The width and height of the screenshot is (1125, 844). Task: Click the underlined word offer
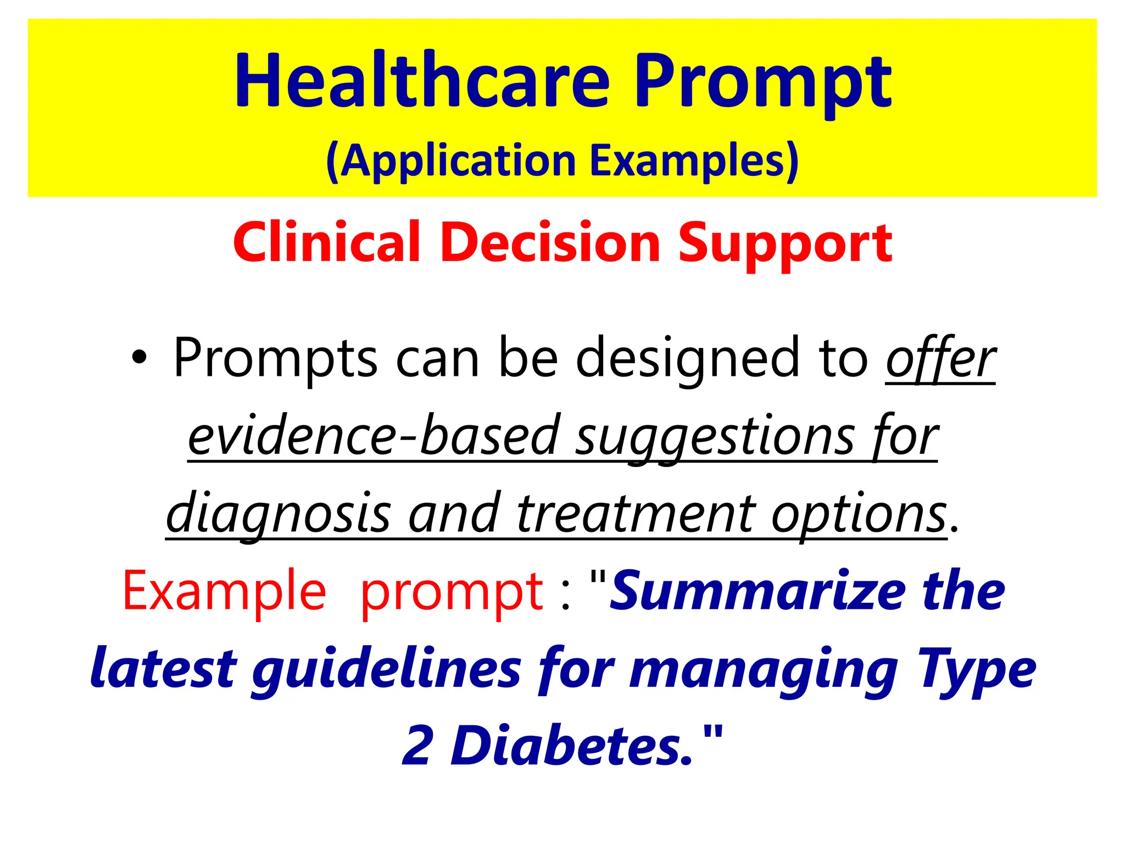coord(940,360)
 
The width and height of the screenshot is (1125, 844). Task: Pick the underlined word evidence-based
coord(373,437)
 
